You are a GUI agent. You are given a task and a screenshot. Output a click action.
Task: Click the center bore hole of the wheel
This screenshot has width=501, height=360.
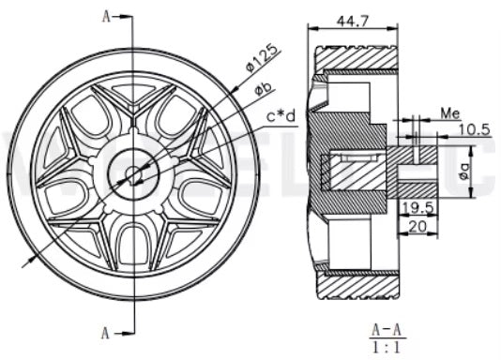click(x=133, y=172)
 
